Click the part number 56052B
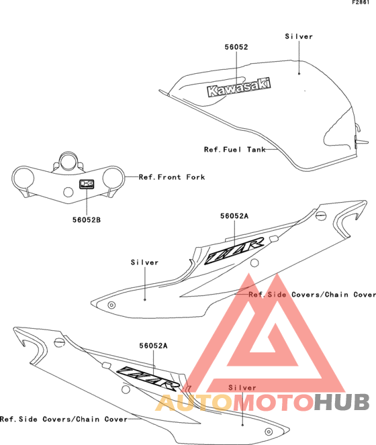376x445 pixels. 87,220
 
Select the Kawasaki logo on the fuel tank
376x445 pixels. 239,87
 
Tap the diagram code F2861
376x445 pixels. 361,2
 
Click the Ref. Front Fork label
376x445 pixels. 172,177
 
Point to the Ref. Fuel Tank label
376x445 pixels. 235,150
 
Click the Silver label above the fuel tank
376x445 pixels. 299,36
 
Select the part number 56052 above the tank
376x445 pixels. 236,47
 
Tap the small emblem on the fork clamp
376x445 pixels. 87,184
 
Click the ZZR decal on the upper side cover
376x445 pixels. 234,250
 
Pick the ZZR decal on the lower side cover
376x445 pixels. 148,377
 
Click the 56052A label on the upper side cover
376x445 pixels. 234,216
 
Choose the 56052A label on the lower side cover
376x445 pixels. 153,346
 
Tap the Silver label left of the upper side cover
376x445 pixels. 144,262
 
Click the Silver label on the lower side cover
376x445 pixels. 242,388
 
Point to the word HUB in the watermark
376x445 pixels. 341,403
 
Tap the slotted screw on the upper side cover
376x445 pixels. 321,215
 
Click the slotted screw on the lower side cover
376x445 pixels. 59,342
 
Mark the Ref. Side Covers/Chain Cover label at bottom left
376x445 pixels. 64,419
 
